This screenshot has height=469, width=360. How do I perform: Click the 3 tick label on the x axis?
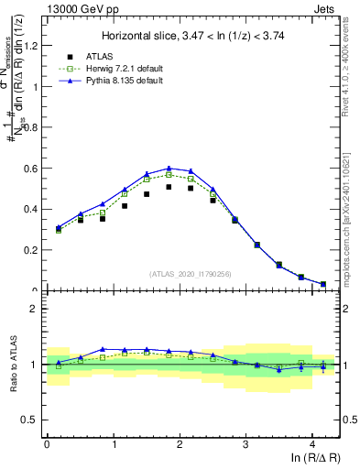click(x=246, y=444)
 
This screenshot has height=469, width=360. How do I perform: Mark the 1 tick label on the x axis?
click(x=113, y=444)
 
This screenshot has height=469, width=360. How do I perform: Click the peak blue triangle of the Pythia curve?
click(x=169, y=169)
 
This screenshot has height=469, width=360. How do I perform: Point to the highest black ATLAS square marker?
click(x=169, y=187)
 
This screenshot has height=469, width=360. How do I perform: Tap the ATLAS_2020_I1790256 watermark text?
click(x=191, y=273)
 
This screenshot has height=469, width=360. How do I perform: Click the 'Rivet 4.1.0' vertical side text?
click(x=351, y=64)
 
